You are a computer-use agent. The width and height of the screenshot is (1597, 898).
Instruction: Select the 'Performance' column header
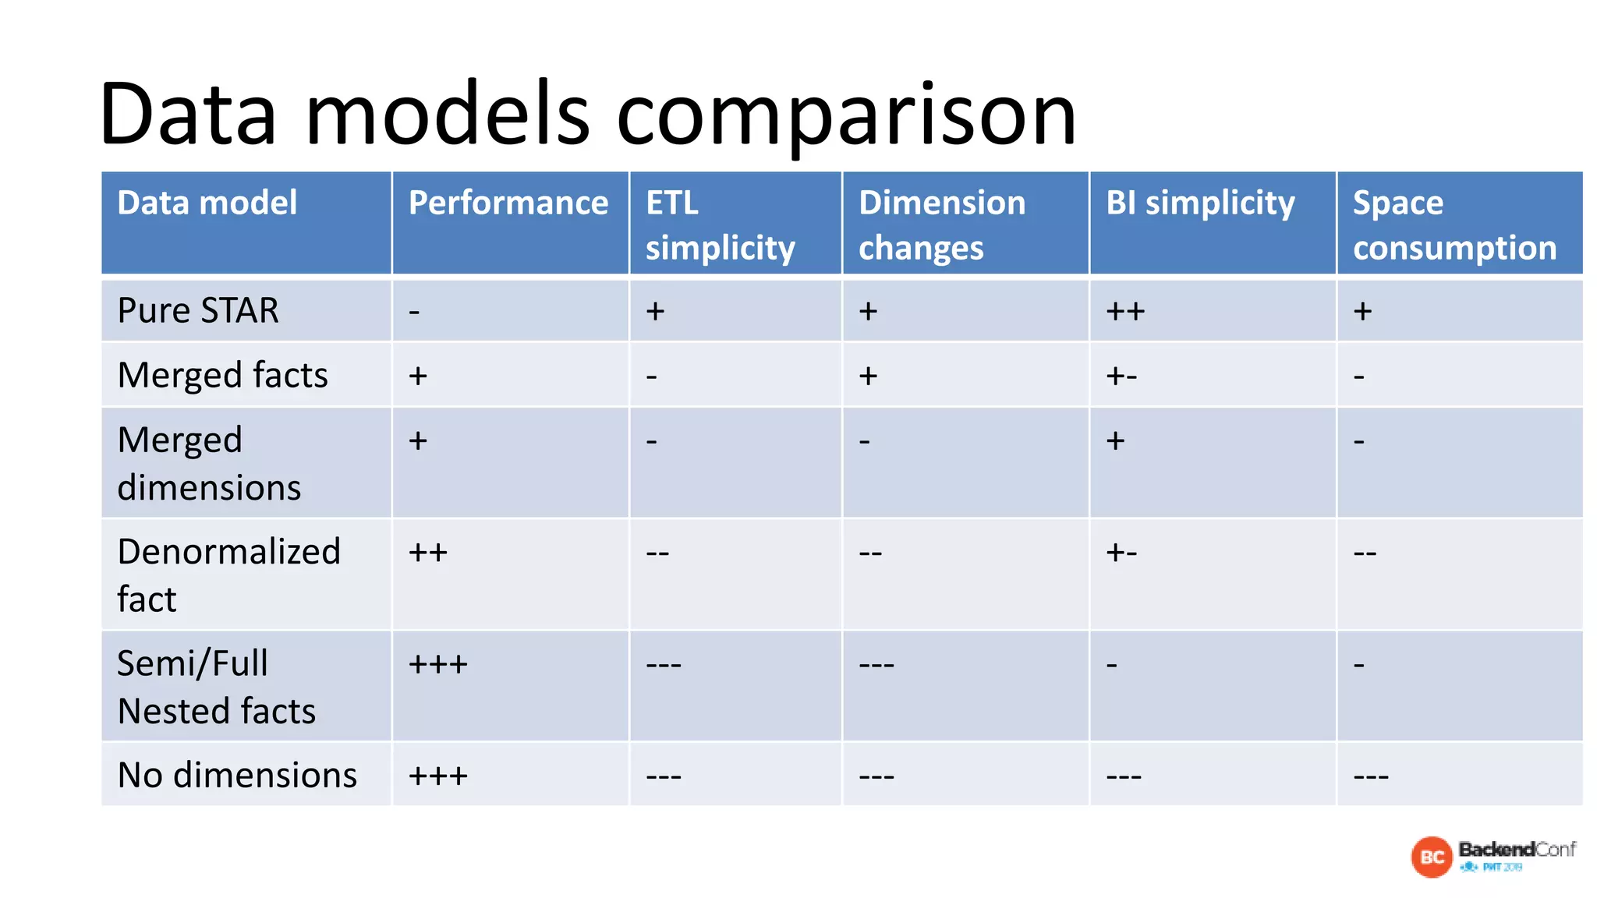(508, 203)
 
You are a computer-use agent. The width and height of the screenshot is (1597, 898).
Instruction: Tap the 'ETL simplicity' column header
(720, 224)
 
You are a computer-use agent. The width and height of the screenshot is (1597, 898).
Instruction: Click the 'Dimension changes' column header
(941, 224)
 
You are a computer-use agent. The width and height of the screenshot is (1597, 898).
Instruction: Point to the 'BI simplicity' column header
(1200, 203)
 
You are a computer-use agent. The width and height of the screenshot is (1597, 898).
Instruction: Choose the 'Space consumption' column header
(1454, 224)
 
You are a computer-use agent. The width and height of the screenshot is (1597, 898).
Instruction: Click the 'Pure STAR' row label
(198, 310)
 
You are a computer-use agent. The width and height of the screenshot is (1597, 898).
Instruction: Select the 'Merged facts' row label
(222, 375)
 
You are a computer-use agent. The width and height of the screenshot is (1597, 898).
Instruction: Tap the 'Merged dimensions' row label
(209, 463)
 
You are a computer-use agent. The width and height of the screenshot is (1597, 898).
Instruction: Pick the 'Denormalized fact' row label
(228, 575)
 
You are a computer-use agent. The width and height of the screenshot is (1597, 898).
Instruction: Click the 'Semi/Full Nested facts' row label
(216, 687)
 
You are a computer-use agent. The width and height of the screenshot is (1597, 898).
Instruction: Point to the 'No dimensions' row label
(237, 775)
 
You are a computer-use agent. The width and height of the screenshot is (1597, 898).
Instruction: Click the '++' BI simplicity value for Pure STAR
(1125, 311)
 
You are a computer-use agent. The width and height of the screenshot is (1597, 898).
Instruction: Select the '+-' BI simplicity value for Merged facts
(1121, 377)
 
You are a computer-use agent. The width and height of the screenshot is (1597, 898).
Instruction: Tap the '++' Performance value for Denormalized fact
(428, 553)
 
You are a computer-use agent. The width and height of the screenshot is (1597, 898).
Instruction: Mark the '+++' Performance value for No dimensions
(438, 776)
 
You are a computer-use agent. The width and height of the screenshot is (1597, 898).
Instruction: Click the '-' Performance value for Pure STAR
(415, 312)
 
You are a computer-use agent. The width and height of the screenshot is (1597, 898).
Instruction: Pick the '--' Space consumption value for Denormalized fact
(1365, 553)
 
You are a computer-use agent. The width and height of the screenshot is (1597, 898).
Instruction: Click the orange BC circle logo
(1432, 857)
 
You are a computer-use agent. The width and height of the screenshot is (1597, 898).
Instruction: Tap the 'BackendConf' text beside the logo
(1517, 849)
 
